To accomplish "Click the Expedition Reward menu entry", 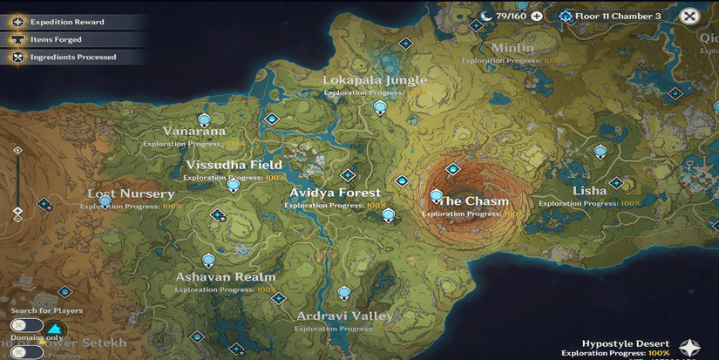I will (x=66, y=21).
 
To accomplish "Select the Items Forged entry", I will (x=56, y=38).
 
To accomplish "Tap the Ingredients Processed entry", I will (x=73, y=57).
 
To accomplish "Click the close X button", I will (x=690, y=16).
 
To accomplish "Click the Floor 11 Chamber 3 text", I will (x=618, y=16).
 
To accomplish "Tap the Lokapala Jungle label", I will (x=375, y=80).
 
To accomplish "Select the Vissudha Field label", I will (x=234, y=165).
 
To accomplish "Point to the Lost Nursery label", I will (x=131, y=194).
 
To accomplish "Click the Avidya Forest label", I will (x=336, y=193).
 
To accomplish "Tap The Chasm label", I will (x=475, y=201).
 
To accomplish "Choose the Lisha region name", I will (x=589, y=191).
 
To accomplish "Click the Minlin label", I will (x=512, y=48).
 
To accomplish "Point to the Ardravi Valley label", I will (x=345, y=316).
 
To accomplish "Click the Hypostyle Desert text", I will (x=626, y=343).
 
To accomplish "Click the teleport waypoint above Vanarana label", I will (x=205, y=119).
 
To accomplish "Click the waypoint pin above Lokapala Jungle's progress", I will (x=380, y=108).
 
